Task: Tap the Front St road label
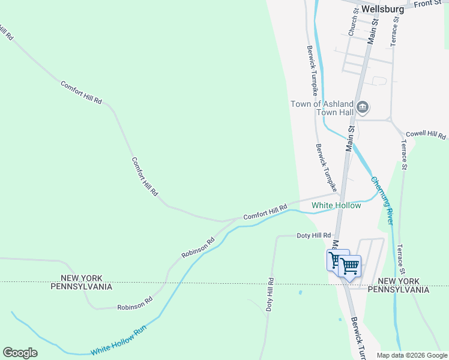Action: pos(427,4)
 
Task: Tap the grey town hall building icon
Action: pos(363,108)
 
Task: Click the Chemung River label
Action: pos(382,200)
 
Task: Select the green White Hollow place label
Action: pos(336,206)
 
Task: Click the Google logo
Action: pos(20,353)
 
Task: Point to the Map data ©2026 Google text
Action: pos(412,355)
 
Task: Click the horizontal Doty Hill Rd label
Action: pos(314,236)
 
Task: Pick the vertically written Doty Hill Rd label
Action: pos(270,294)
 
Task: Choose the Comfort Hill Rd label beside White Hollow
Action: pos(265,212)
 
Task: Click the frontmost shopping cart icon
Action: pos(349,265)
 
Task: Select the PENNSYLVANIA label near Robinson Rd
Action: pos(86,287)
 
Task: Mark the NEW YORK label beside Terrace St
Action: pos(403,281)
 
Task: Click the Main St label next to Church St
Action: pos(374,30)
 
